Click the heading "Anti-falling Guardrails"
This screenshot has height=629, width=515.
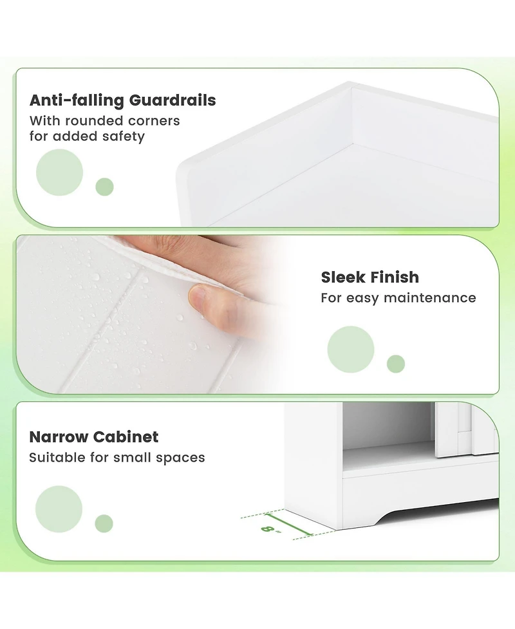tap(122, 100)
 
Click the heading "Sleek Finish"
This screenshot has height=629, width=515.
tap(370, 277)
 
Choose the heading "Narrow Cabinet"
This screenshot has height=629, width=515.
tap(94, 437)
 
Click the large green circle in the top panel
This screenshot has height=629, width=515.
tap(59, 173)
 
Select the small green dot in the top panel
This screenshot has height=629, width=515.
tap(104, 187)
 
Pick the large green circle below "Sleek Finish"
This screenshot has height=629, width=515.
tap(350, 350)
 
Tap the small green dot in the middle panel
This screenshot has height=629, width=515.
tap(395, 364)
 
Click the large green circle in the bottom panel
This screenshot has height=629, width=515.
tap(59, 509)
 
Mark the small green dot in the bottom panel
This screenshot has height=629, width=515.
tap(104, 523)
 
